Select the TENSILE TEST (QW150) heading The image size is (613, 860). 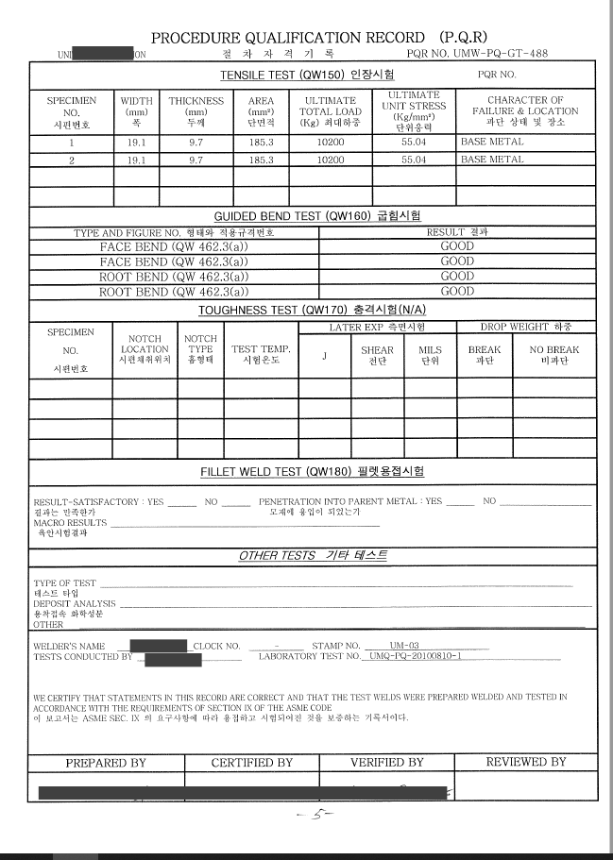tap(307, 74)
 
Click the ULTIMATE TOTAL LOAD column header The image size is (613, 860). tap(331, 110)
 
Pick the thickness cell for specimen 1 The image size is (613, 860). tap(196, 142)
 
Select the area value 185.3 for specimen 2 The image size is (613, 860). tap(261, 160)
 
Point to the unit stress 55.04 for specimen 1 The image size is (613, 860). tap(414, 142)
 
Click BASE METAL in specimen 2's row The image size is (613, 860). tap(492, 160)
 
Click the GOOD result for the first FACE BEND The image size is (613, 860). tap(457, 246)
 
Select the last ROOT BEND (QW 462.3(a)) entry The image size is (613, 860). tap(174, 292)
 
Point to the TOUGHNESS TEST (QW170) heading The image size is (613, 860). tap(312, 310)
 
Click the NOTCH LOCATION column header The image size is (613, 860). tap(145, 349)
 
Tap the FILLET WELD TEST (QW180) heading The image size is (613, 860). tap(312, 471)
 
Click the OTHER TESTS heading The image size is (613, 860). tap(312, 555)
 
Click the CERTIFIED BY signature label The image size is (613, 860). tap(252, 762)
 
